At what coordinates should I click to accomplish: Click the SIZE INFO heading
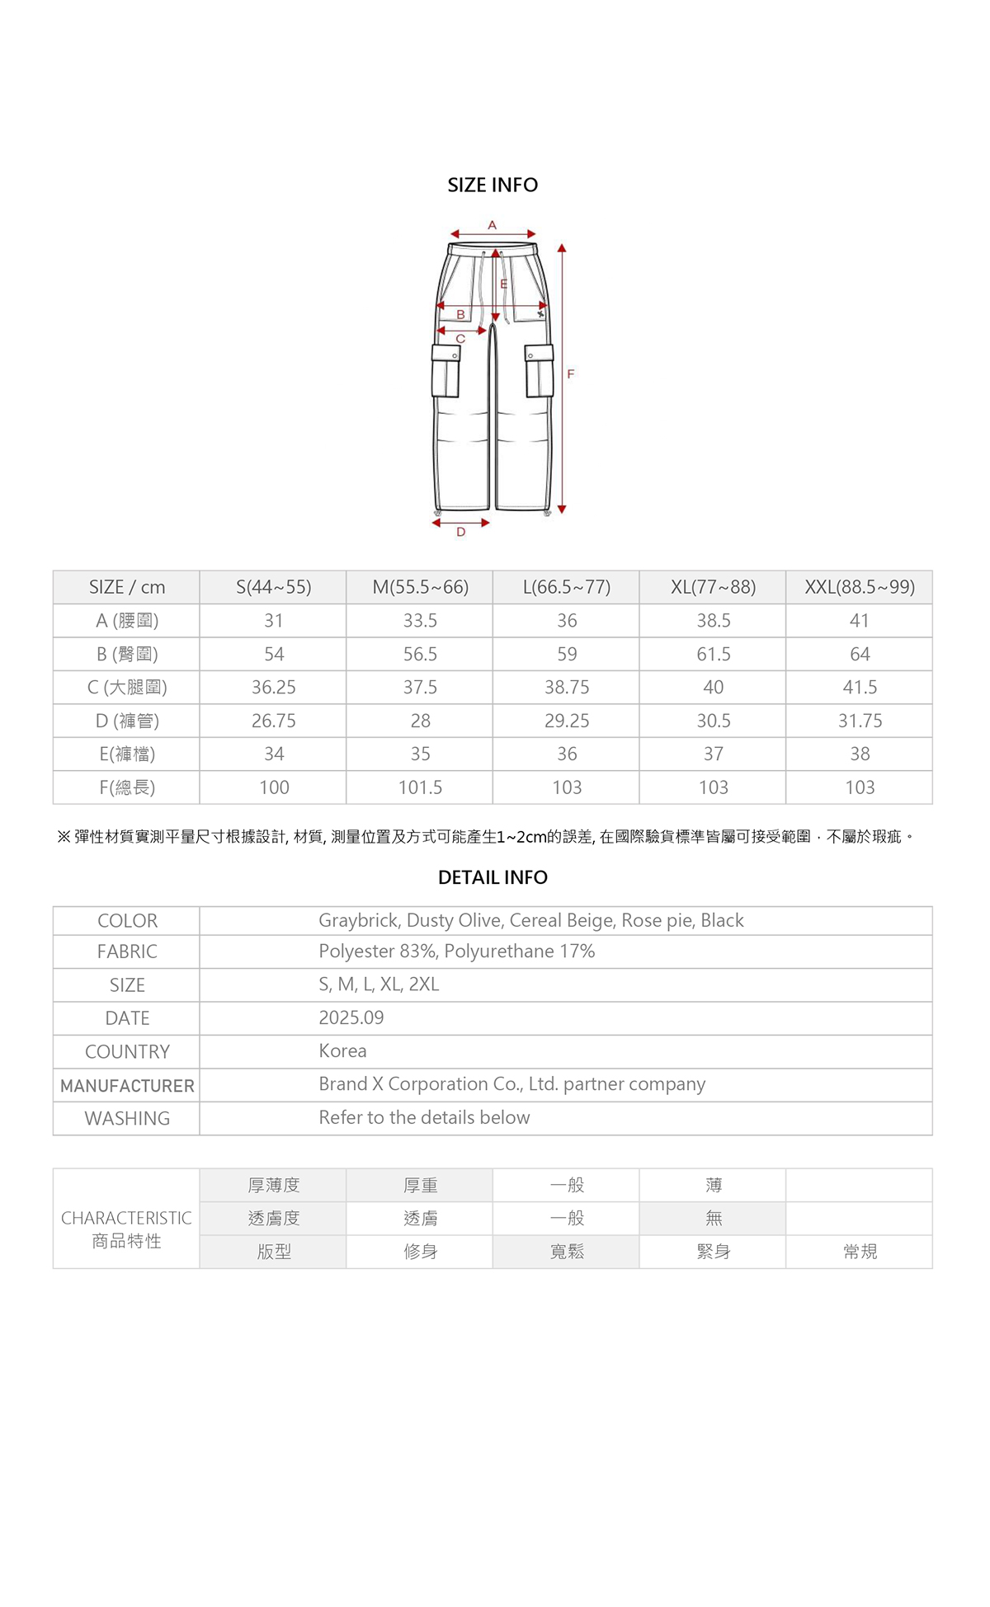[x=493, y=186]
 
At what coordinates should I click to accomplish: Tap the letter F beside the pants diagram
[x=570, y=374]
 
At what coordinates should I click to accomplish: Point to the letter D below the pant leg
[x=460, y=533]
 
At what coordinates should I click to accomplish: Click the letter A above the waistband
[x=493, y=225]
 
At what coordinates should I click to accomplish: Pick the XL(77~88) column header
[x=713, y=587]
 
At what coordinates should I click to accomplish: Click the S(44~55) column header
[x=273, y=587]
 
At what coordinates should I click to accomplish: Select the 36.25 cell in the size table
[x=273, y=688]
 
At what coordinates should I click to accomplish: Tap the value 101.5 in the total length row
[x=420, y=787]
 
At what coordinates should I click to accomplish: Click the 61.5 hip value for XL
[x=713, y=654]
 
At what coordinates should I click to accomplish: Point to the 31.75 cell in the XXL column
[x=860, y=721]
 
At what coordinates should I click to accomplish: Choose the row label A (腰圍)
[x=127, y=621]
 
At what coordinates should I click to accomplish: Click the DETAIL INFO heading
[x=493, y=877]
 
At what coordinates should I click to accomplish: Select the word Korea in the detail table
[x=342, y=1051]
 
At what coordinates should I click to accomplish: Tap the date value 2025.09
[x=351, y=1017]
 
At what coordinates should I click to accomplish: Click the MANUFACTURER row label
[x=127, y=1086]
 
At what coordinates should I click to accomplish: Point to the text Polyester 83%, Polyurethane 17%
[x=456, y=952]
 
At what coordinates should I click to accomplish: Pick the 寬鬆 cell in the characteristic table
[x=567, y=1252]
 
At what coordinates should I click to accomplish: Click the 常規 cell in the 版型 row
[x=860, y=1252]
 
